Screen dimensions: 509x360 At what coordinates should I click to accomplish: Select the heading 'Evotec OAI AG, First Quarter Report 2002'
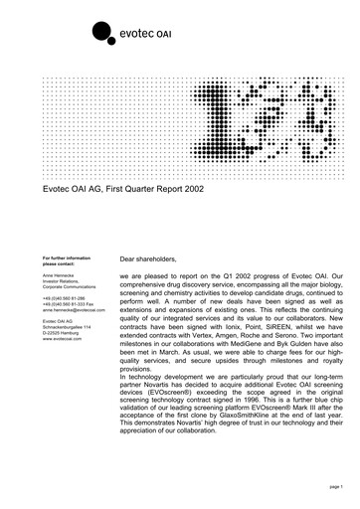[142, 186]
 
